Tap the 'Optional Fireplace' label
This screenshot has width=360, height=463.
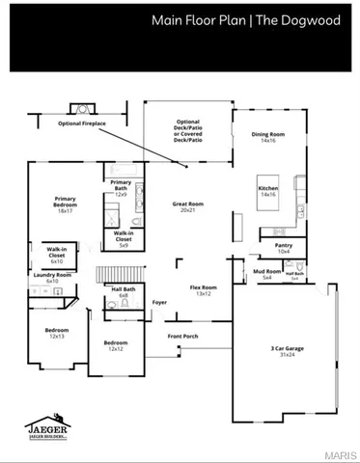(x=83, y=124)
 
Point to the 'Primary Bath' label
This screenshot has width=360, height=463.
(x=121, y=187)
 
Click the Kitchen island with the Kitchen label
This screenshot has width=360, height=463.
(x=267, y=192)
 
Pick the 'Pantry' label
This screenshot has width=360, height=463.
(x=283, y=248)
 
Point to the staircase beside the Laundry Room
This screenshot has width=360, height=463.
(x=109, y=275)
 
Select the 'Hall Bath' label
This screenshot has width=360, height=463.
(x=123, y=292)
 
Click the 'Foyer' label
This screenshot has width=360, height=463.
(x=160, y=303)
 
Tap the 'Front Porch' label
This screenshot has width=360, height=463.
(x=183, y=336)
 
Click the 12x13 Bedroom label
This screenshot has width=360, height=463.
(x=57, y=334)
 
